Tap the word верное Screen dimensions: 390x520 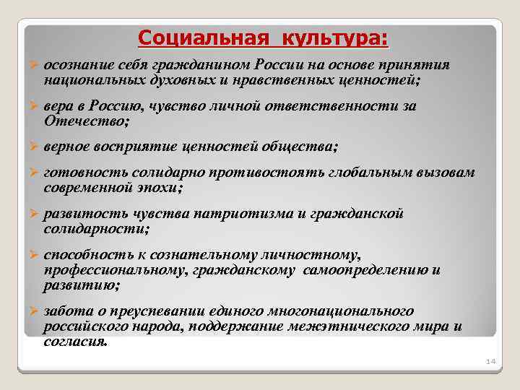pos(67,147)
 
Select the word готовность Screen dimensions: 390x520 pos(80,174)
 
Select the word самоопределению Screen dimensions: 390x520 pos(367,270)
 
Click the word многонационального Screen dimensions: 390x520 pos(346,311)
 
